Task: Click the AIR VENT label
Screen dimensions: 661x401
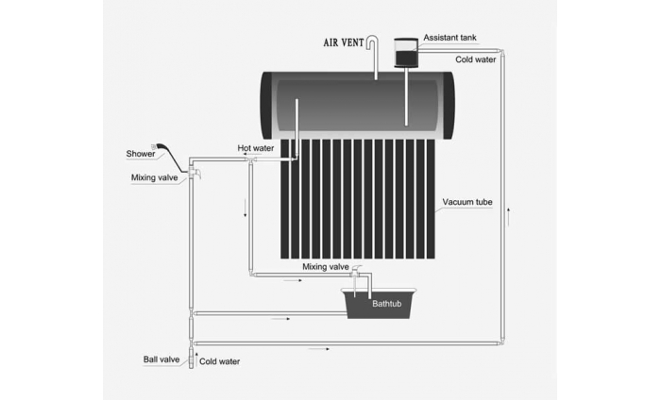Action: [344, 43]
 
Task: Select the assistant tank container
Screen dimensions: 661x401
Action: [406, 53]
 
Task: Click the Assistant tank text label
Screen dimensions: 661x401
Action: [449, 38]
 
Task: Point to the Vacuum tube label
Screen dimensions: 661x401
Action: [467, 202]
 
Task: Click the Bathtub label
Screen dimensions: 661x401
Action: [386, 303]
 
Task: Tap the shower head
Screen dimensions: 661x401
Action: [155, 146]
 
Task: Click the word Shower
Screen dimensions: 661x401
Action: [141, 154]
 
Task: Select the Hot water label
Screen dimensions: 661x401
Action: [256, 148]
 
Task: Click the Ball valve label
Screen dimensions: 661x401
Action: [161, 359]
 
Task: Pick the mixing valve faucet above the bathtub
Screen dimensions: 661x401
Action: [356, 270]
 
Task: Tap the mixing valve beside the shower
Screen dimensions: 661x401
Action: [195, 172]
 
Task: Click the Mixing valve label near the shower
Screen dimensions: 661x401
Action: [154, 177]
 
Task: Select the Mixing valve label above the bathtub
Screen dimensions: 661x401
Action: [326, 267]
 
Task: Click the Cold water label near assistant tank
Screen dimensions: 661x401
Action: [476, 59]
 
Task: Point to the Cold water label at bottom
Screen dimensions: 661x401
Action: [220, 361]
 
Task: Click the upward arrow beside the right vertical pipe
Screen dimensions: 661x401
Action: [509, 216]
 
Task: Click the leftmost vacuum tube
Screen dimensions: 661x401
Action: [284, 199]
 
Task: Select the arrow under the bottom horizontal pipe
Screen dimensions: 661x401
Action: [319, 349]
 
